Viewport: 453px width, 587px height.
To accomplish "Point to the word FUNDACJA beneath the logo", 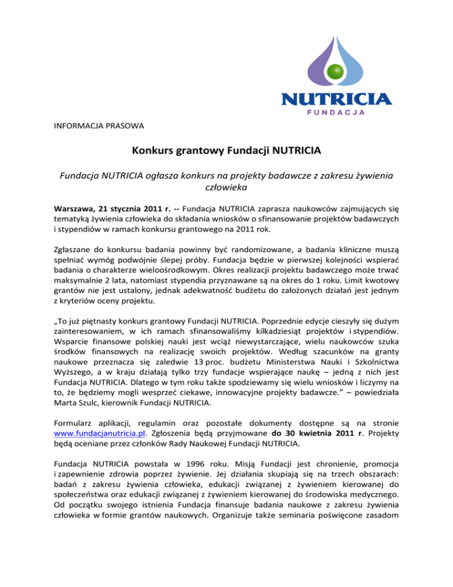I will point(337,112).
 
